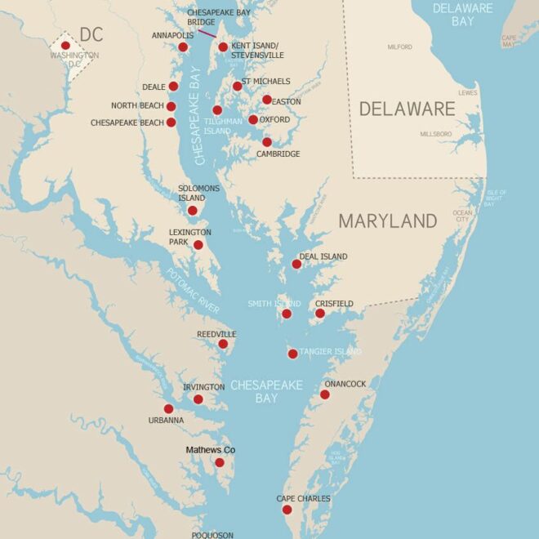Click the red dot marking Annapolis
(x=183, y=47)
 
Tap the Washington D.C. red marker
(x=65, y=46)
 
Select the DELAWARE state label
(x=407, y=109)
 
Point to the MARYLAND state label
(x=388, y=220)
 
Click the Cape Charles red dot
(x=287, y=510)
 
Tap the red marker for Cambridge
(x=267, y=142)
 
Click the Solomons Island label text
(x=198, y=193)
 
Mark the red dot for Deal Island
(x=296, y=264)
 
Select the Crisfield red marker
(x=320, y=314)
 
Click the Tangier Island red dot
(x=292, y=354)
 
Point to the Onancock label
(x=345, y=384)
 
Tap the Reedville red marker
(x=223, y=344)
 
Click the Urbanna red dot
(x=168, y=409)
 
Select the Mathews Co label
(x=210, y=450)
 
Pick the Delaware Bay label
(x=463, y=15)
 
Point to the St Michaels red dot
(x=237, y=86)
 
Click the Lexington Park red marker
(x=198, y=244)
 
